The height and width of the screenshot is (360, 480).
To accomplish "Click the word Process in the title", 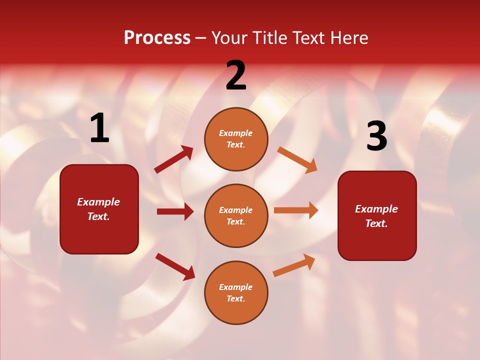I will [x=157, y=38].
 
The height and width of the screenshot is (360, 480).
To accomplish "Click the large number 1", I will [x=99, y=128].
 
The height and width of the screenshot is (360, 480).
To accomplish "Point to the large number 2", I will [x=236, y=75].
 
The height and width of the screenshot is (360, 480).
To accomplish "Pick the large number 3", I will [x=376, y=136].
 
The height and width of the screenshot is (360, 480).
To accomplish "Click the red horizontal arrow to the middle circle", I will [x=175, y=211].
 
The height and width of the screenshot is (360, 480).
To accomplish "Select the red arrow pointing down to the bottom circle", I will [x=175, y=266].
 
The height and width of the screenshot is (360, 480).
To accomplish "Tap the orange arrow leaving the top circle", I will [x=297, y=160].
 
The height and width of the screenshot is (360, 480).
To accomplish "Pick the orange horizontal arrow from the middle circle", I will [x=296, y=210].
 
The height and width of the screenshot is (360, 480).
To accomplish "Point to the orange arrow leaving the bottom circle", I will [x=294, y=265].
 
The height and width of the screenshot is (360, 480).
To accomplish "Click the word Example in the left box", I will [x=98, y=202].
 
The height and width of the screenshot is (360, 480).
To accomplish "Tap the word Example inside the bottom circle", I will [x=236, y=287].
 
